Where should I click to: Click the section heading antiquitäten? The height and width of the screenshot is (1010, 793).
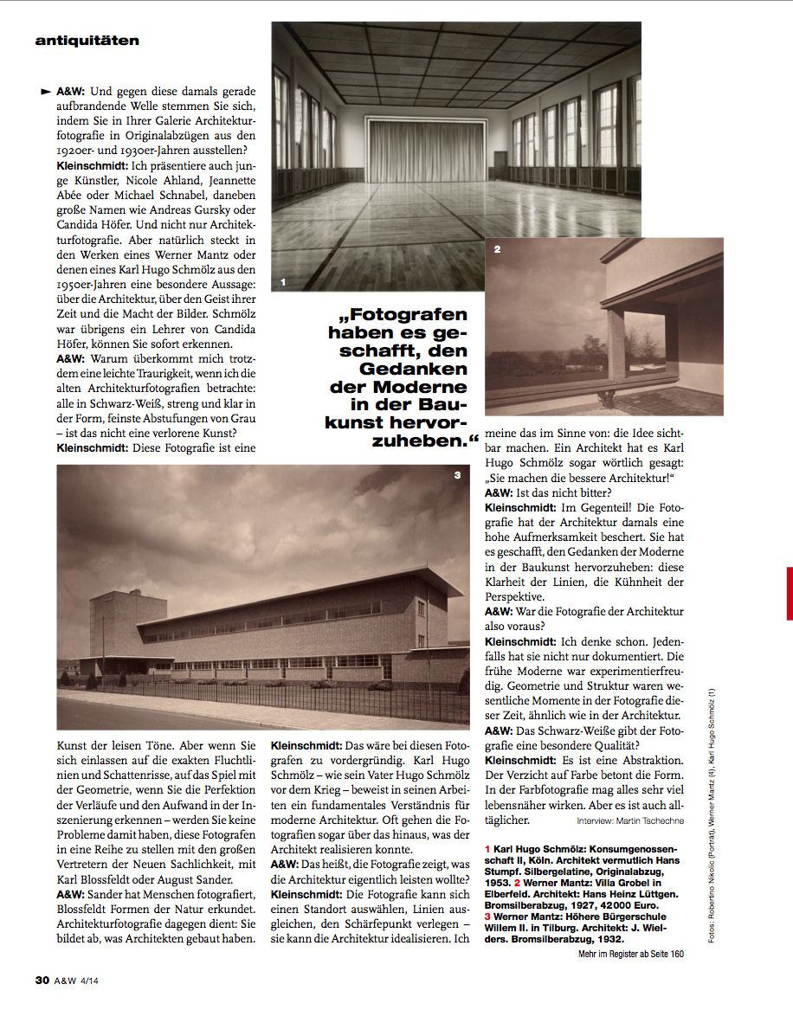click(x=87, y=40)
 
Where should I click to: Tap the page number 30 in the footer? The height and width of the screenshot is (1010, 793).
click(x=42, y=981)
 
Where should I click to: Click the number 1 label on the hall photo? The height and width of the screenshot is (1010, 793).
click(x=283, y=281)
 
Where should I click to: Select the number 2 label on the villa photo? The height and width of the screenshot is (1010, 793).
click(x=497, y=250)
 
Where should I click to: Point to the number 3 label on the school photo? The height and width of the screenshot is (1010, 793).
click(x=457, y=475)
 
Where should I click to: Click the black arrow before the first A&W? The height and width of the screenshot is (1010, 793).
click(x=45, y=90)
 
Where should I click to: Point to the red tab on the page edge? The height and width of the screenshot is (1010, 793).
click(x=789, y=593)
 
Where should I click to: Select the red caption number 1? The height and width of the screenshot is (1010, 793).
click(x=487, y=850)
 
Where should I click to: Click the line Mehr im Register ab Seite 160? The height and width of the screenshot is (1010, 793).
click(x=630, y=954)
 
